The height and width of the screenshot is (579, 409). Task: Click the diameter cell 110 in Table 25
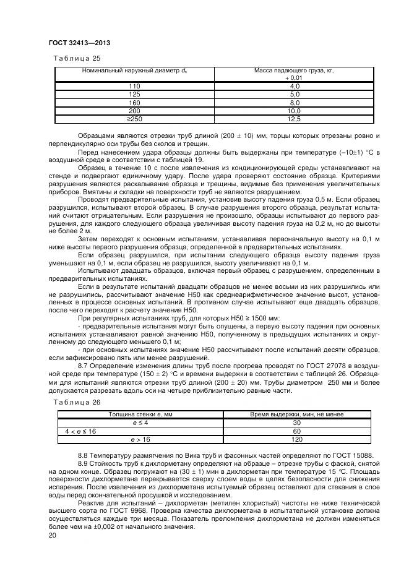[134, 86]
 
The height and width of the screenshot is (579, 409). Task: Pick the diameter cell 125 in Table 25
[134, 94]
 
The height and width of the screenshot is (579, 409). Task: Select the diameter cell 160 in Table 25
[134, 102]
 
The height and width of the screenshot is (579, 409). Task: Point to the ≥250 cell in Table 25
[134, 118]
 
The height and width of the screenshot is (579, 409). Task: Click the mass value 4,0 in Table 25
[294, 86]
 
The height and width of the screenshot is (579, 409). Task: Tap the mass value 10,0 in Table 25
[294, 110]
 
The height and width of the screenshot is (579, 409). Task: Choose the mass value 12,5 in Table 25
[294, 118]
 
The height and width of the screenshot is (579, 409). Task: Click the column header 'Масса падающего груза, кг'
[294, 71]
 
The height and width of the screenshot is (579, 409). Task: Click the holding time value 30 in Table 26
[296, 422]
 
